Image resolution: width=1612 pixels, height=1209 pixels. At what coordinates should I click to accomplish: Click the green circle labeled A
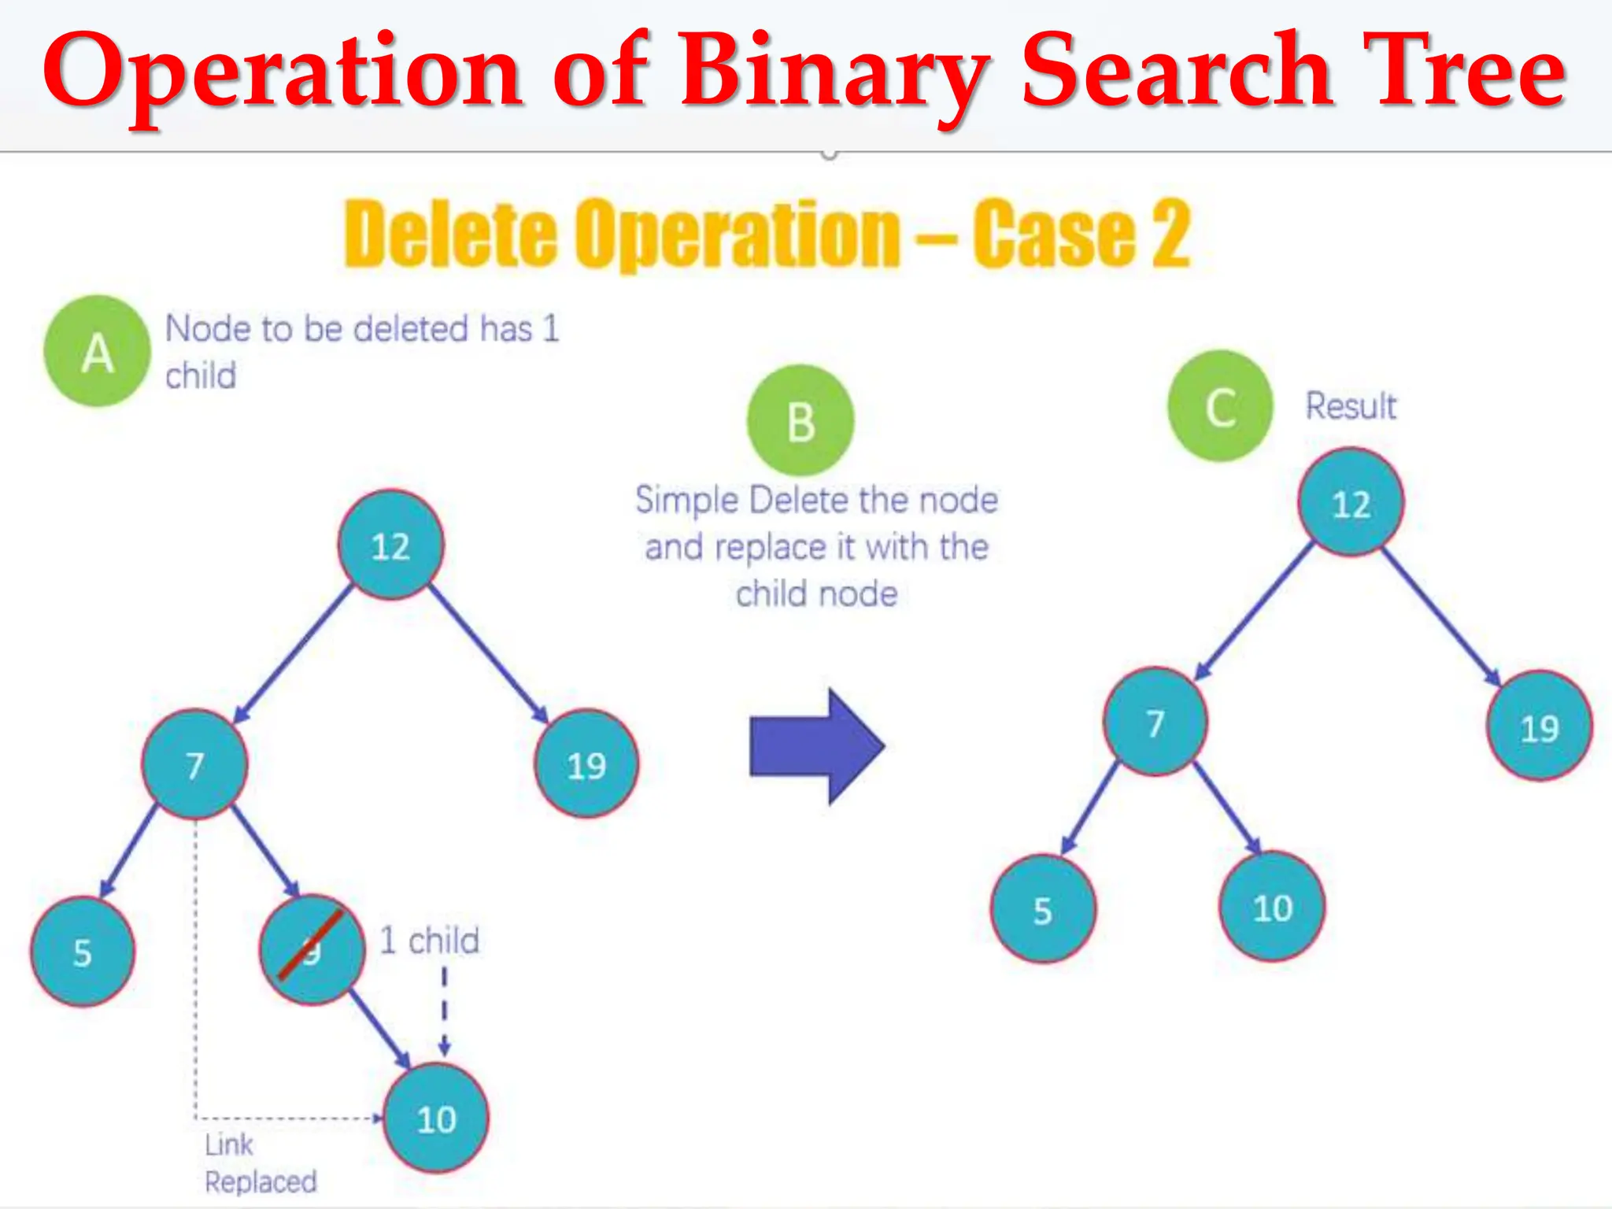point(97,351)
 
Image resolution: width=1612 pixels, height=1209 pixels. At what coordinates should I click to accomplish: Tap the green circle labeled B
point(800,420)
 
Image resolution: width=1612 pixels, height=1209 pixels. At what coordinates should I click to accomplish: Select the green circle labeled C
point(1220,406)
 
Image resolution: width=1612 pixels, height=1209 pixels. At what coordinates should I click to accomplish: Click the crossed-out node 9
point(312,949)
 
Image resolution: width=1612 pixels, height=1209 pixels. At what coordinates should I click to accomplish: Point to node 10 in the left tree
point(436,1118)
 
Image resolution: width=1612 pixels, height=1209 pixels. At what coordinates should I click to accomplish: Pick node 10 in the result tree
point(1272,907)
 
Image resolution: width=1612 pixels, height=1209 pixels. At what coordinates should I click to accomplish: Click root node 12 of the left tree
point(390,545)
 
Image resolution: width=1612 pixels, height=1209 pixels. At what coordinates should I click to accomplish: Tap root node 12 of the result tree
point(1351,502)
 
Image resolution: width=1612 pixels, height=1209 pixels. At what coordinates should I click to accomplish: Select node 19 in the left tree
point(586,763)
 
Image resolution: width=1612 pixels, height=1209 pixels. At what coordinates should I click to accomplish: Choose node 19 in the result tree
point(1539,727)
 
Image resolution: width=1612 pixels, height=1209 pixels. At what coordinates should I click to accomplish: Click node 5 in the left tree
point(83,952)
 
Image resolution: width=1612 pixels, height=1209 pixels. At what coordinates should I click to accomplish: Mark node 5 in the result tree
point(1043,909)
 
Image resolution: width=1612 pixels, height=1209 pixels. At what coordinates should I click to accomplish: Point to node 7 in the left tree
point(194,763)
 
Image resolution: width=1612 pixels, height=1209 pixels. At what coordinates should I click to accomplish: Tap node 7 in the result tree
point(1155,722)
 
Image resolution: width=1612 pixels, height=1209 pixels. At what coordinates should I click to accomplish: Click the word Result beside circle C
point(1351,406)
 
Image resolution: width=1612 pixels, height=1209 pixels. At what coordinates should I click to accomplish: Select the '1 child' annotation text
point(429,940)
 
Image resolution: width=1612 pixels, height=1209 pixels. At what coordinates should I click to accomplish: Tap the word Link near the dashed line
point(229,1144)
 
